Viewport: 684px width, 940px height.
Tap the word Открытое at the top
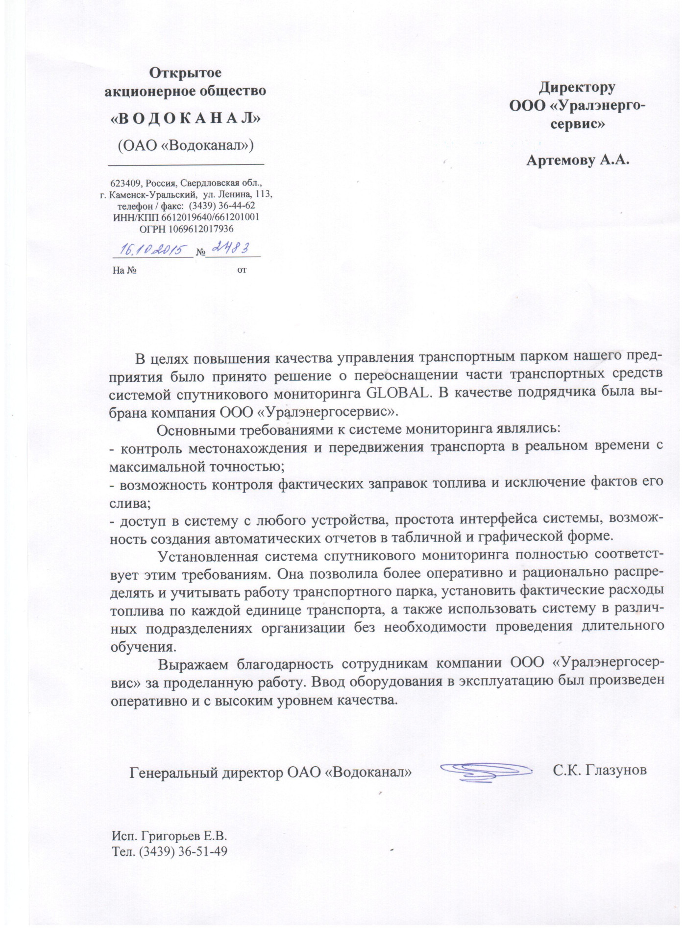coord(185,73)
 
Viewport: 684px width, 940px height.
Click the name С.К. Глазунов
coord(600,770)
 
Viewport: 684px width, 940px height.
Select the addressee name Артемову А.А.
coord(577,160)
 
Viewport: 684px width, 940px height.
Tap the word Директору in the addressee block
coord(577,88)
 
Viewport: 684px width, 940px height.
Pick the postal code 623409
coord(124,184)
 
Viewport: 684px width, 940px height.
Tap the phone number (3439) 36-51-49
coord(183,851)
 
